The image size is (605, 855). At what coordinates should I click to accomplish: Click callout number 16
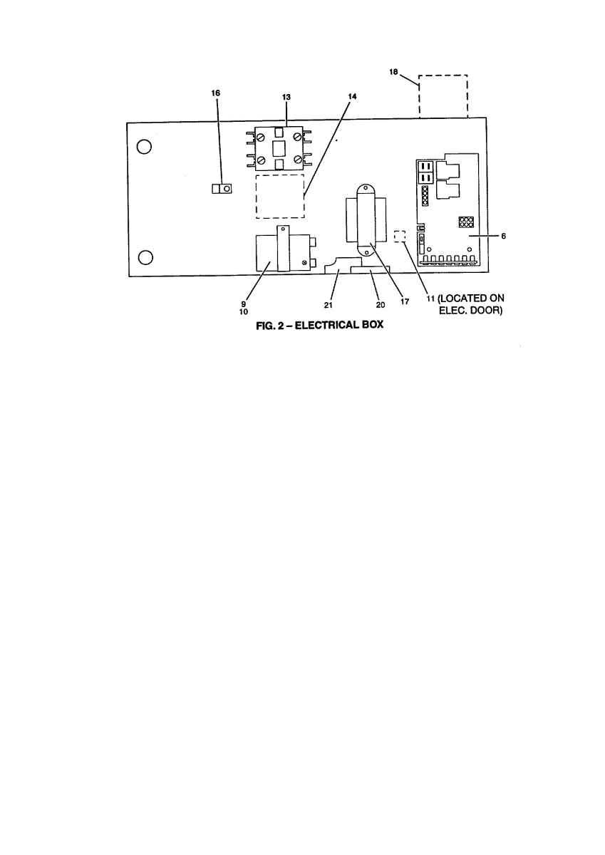pyautogui.click(x=216, y=93)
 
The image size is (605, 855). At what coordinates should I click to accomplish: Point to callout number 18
pyautogui.click(x=394, y=72)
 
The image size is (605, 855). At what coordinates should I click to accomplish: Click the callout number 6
pyautogui.click(x=503, y=237)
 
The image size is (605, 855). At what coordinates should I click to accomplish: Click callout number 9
pyautogui.click(x=244, y=302)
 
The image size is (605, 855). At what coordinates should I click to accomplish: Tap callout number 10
pyautogui.click(x=244, y=311)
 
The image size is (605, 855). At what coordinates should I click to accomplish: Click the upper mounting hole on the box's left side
pyautogui.click(x=144, y=147)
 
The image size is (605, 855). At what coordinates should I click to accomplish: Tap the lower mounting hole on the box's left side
pyautogui.click(x=144, y=257)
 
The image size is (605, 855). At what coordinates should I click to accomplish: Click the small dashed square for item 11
pyautogui.click(x=400, y=236)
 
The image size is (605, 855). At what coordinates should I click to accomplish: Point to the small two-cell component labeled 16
pyautogui.click(x=222, y=189)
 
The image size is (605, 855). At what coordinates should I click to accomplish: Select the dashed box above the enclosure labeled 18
pyautogui.click(x=443, y=95)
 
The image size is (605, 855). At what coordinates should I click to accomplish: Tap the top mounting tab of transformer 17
pyautogui.click(x=366, y=189)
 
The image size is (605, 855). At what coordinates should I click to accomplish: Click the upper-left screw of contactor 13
pyautogui.click(x=262, y=136)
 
